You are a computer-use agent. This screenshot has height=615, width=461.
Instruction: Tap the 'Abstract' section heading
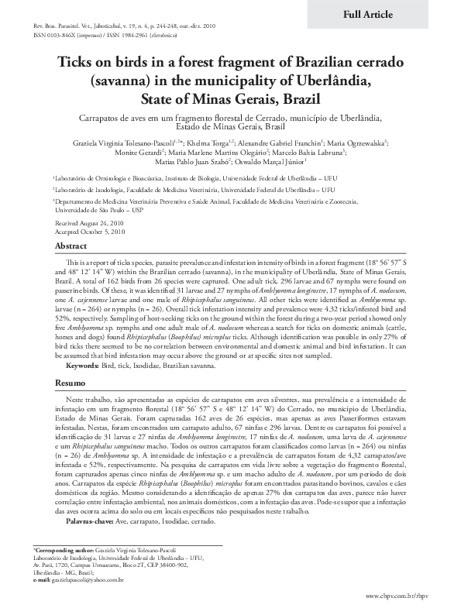[71, 246]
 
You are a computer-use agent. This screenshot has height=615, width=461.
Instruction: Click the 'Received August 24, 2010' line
[84, 222]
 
